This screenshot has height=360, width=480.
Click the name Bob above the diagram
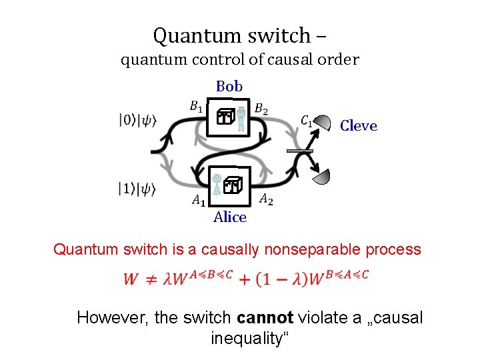click(x=229, y=86)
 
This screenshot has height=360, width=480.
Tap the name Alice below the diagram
click(x=230, y=217)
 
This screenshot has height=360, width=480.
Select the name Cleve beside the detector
click(x=358, y=126)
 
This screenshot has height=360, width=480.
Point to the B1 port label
click(x=197, y=105)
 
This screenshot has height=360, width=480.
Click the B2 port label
click(x=262, y=109)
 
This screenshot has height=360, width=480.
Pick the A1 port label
click(x=199, y=199)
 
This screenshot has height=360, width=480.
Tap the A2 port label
click(x=265, y=198)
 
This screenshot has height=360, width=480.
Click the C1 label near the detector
click(x=307, y=121)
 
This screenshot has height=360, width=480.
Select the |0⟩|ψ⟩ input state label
click(x=138, y=121)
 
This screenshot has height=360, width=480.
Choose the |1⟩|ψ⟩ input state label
click(x=138, y=189)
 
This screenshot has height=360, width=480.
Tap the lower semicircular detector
click(x=322, y=177)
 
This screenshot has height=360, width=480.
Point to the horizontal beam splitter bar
click(x=299, y=152)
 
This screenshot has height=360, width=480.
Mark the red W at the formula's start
click(x=131, y=279)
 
